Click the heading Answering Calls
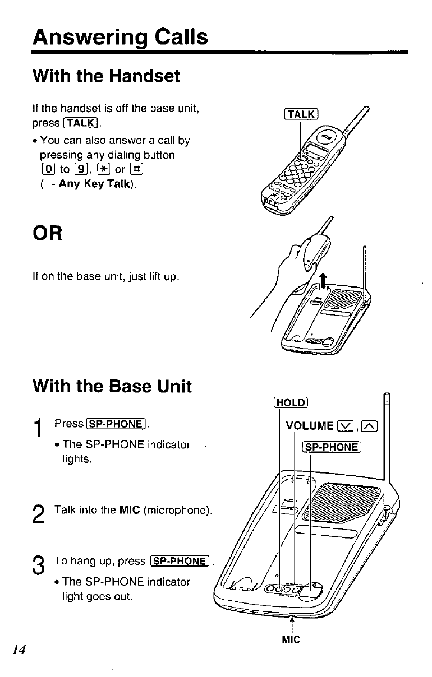[x=120, y=38]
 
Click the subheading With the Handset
[x=107, y=76]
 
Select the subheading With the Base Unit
[x=112, y=386]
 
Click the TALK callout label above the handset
[x=301, y=115]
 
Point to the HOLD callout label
[x=290, y=402]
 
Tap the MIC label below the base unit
[x=292, y=639]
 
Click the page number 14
[x=20, y=650]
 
